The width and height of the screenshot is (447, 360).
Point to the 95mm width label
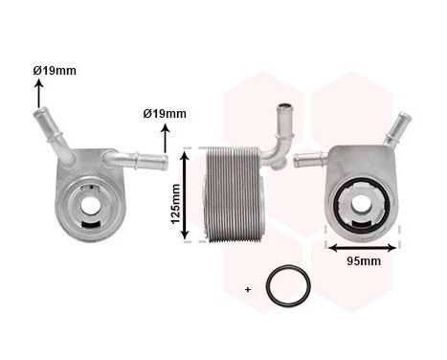363,260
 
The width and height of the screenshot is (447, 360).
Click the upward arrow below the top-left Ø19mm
39,94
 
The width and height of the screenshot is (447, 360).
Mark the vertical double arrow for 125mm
188,193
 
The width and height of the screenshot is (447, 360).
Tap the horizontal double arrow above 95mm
362,246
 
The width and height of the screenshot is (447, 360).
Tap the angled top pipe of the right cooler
393,131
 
